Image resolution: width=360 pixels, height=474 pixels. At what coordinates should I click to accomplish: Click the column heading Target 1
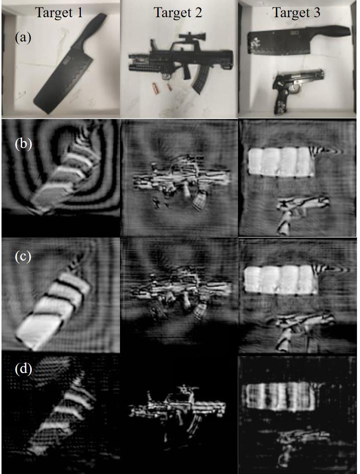click(x=59, y=13)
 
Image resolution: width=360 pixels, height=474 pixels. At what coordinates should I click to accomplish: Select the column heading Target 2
click(x=178, y=13)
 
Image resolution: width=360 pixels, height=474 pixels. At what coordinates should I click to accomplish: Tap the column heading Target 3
click(x=296, y=13)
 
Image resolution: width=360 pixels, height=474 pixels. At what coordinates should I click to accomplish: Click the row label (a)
click(x=23, y=38)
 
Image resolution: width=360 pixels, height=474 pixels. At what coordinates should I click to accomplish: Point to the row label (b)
click(x=23, y=144)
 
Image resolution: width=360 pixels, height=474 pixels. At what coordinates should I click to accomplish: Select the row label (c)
click(x=23, y=257)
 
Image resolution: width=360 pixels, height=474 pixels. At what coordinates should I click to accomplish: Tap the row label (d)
click(x=23, y=369)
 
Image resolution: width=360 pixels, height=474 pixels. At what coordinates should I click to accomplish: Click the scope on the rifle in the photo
click(x=192, y=36)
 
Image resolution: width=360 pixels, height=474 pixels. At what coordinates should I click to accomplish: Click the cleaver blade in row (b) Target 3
click(x=281, y=162)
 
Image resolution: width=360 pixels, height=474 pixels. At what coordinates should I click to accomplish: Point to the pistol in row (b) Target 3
click(x=299, y=211)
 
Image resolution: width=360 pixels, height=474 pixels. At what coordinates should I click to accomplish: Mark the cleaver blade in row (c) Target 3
click(x=281, y=280)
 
